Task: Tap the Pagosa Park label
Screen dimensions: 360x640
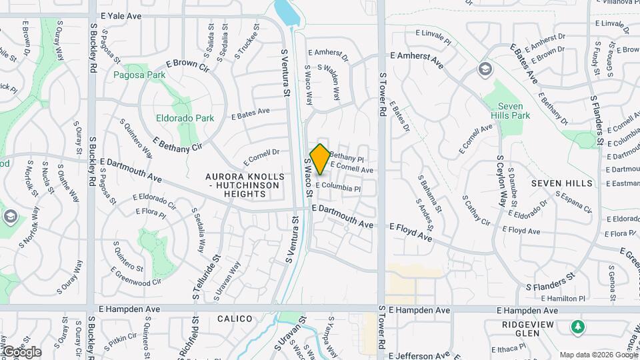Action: point(139,75)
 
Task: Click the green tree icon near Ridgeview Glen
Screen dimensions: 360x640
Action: point(578,327)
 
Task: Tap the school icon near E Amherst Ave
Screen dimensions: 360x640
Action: point(485,69)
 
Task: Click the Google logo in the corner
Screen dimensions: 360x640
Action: point(21,351)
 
